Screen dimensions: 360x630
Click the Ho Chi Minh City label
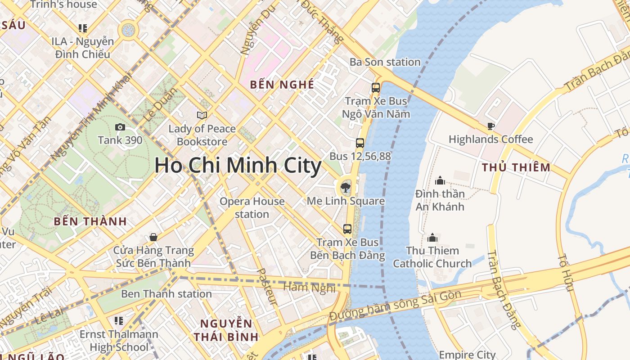pos(238,166)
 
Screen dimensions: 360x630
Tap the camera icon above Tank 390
pos(120,127)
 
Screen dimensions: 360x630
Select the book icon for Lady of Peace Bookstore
pos(202,116)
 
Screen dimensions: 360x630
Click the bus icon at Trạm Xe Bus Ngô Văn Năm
pos(376,88)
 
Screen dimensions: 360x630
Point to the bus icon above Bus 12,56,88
pos(360,143)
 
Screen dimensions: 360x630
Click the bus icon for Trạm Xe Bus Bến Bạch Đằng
pos(347,229)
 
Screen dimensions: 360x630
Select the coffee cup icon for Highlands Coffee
pos(490,126)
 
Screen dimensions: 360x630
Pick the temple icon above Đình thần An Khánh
pos(440,180)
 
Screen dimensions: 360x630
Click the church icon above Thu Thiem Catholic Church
pos(432,237)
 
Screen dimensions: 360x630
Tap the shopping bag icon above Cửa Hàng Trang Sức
pos(153,237)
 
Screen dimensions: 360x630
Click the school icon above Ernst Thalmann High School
pos(119,321)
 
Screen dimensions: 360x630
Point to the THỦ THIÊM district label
pos(516,168)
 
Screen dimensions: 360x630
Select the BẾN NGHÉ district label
pos(282,85)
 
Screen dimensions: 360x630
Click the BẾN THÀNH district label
pos(90,221)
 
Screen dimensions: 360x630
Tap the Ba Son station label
pos(385,62)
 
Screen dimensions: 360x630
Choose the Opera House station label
pos(252,207)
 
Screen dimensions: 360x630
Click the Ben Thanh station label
pos(166,294)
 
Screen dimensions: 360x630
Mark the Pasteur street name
pos(266,287)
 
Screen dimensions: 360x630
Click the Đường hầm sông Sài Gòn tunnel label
pos(395,306)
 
